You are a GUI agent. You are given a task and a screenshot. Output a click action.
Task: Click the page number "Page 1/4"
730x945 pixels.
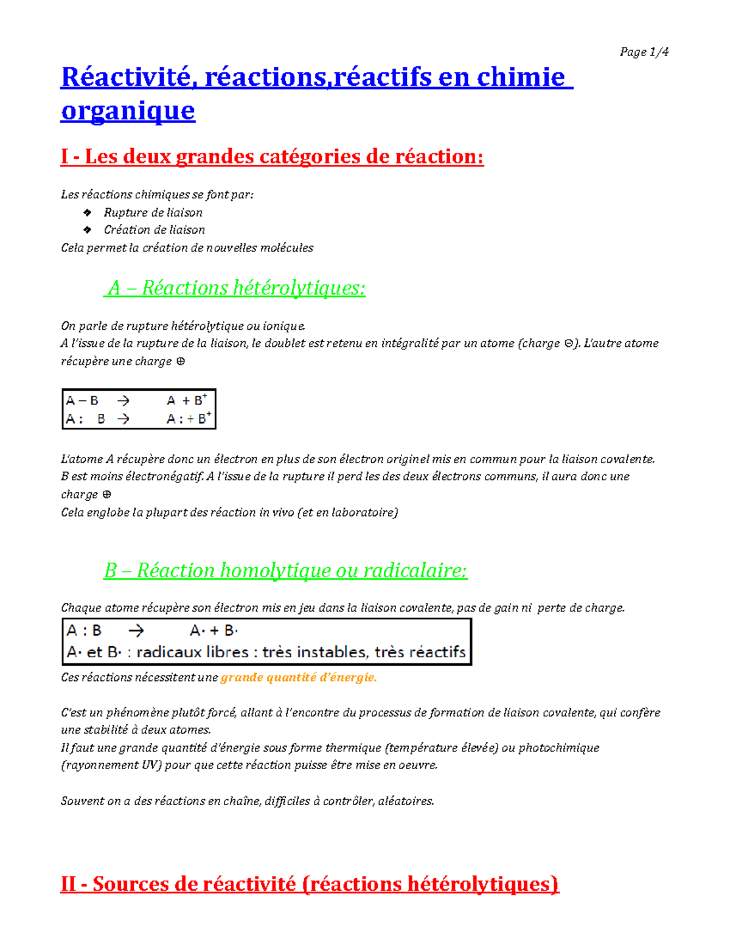click(x=644, y=52)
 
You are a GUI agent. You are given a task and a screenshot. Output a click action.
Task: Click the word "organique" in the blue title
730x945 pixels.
click(x=128, y=111)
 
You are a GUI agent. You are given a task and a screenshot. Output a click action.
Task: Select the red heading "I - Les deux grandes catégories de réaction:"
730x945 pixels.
click(x=272, y=157)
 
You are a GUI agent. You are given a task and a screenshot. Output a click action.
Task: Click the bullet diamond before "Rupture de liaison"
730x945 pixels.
click(x=88, y=212)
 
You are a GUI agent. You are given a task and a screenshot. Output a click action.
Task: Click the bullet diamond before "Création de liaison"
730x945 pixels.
click(x=88, y=230)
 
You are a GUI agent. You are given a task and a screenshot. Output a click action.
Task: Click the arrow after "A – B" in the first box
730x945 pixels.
click(x=123, y=400)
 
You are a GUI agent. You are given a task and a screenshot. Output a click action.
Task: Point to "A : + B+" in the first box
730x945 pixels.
click(x=189, y=419)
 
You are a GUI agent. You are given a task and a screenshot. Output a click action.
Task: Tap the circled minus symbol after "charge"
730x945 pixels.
click(x=568, y=344)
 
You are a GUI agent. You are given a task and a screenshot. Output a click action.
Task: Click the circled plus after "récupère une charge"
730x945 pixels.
click(x=180, y=361)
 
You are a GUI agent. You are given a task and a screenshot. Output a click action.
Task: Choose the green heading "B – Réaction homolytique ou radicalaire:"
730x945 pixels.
click(x=285, y=571)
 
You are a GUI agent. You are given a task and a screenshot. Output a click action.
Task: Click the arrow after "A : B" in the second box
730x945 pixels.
click(x=136, y=631)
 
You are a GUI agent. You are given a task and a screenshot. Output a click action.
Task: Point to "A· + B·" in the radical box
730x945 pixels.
click(x=214, y=631)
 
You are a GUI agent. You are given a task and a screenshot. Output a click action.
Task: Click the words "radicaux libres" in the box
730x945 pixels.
click(x=192, y=652)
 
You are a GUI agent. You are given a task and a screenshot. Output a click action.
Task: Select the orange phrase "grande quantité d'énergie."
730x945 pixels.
click(x=298, y=678)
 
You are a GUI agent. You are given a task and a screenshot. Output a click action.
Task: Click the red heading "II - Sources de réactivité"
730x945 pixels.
click(x=309, y=884)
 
